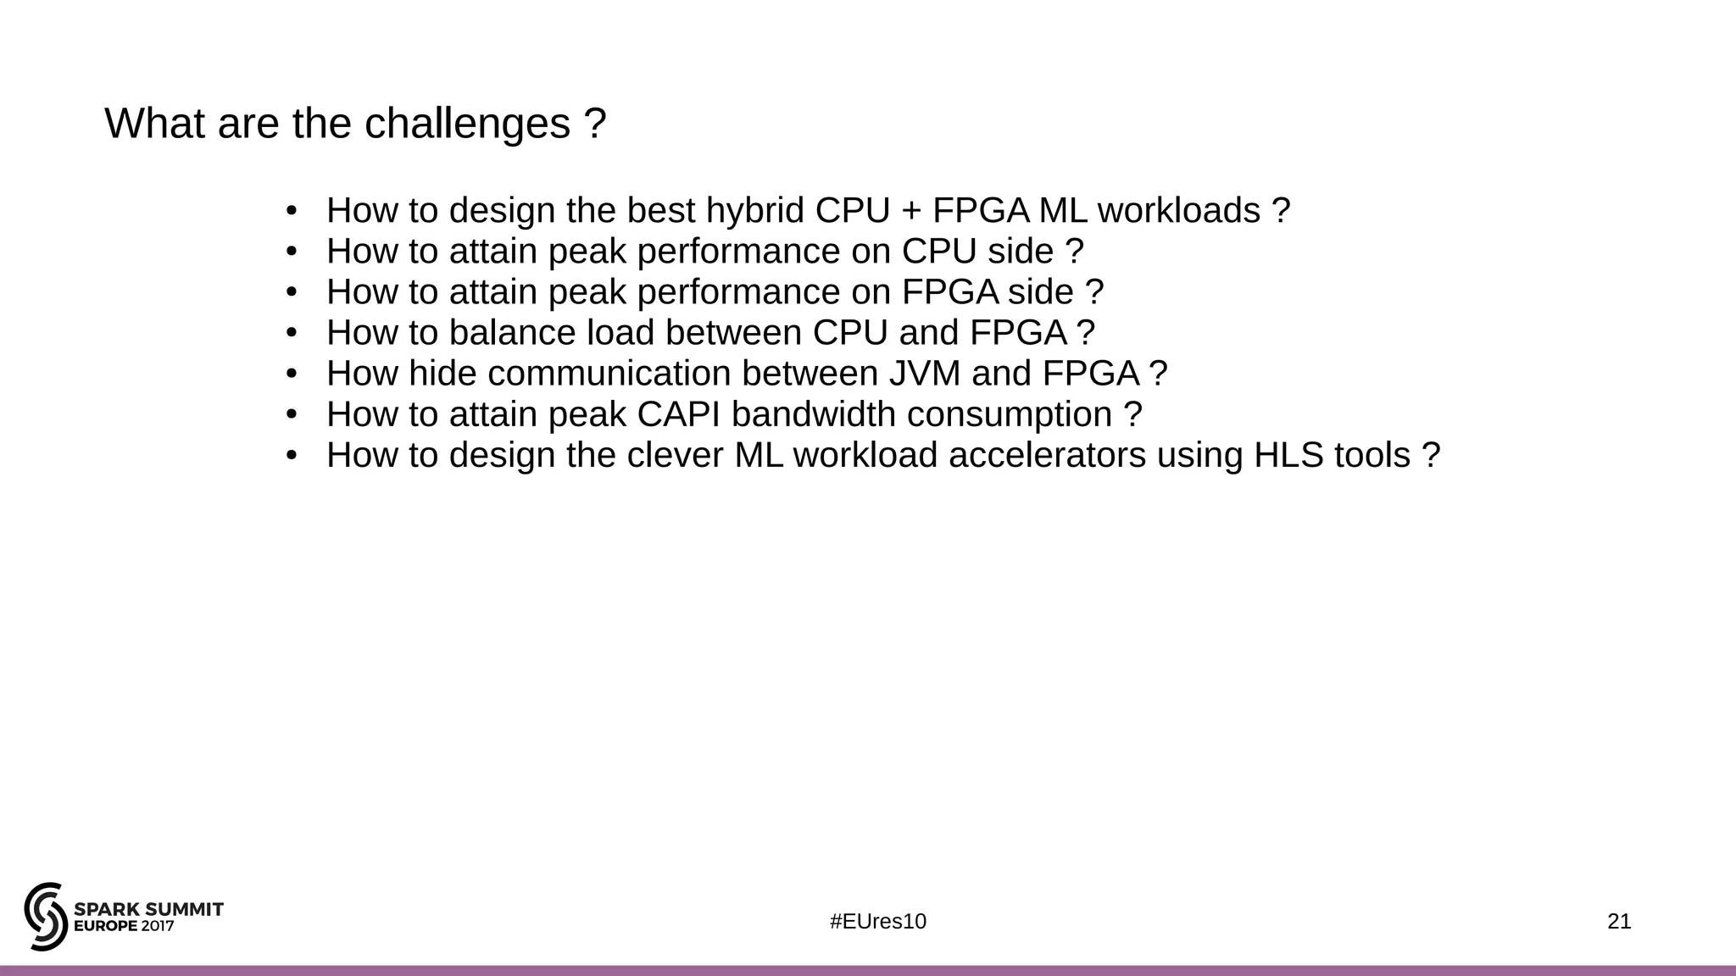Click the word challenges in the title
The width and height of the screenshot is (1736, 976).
click(467, 124)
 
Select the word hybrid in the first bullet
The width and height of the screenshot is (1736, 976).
click(755, 211)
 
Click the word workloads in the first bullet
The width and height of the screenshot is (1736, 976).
click(1179, 211)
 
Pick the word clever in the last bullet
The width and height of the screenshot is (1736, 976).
click(675, 456)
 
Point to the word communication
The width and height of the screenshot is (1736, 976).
click(609, 374)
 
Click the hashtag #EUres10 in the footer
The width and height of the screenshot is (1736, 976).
click(878, 922)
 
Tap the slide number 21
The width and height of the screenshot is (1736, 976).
click(1619, 922)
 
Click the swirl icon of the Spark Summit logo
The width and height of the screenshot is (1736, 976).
click(46, 916)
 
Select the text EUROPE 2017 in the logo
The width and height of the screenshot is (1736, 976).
click(124, 927)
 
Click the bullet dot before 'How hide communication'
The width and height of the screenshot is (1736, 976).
click(292, 374)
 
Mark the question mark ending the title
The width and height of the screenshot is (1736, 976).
click(595, 124)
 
